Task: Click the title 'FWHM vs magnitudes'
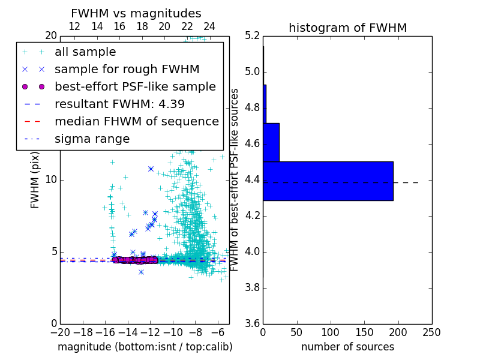(x=136, y=13)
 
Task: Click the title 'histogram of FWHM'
(x=347, y=28)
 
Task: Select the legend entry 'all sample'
(x=85, y=52)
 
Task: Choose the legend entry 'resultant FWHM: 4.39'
(x=119, y=104)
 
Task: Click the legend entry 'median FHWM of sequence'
(x=136, y=121)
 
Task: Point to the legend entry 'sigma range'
(x=92, y=139)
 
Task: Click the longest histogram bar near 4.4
(x=328, y=181)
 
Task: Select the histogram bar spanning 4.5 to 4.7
(x=271, y=142)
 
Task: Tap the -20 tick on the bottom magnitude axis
(x=60, y=332)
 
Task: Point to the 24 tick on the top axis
(x=209, y=27)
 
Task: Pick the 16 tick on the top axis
(x=119, y=27)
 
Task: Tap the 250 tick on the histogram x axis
(x=431, y=332)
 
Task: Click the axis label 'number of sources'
(x=347, y=347)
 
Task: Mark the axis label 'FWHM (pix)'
(x=35, y=179)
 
